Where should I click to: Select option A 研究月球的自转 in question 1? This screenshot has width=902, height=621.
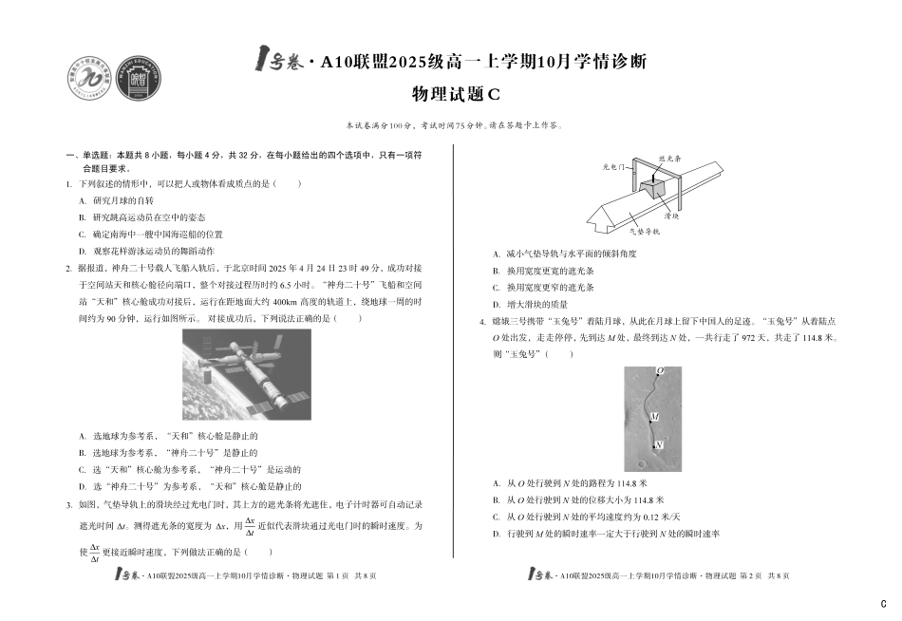(x=122, y=201)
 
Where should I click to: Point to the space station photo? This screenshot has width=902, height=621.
(x=246, y=374)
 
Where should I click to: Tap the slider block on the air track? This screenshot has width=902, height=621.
(x=652, y=186)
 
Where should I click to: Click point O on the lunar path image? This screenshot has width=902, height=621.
(x=660, y=370)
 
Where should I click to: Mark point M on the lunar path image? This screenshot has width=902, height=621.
(x=654, y=417)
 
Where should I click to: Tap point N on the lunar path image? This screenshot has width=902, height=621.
(x=659, y=444)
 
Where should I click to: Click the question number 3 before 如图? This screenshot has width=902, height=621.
(x=68, y=504)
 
